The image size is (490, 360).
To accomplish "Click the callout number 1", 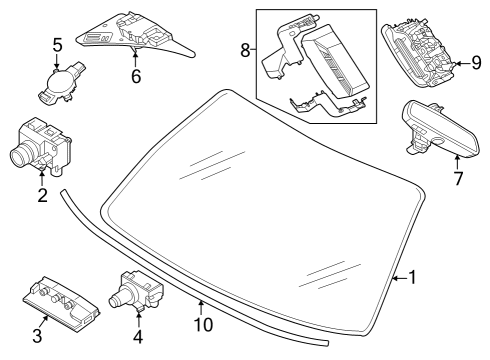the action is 413,277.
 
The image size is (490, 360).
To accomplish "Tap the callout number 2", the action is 42,195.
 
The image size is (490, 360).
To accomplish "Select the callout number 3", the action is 37,335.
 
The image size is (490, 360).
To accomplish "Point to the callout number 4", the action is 138,336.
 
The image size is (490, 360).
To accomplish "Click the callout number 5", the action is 57,45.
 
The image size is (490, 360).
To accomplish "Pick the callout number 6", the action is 136,76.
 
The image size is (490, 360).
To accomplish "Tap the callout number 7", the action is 458,178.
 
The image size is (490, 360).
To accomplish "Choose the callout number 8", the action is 245,51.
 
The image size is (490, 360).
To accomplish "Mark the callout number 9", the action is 476,62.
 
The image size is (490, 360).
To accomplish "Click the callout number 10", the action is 203,324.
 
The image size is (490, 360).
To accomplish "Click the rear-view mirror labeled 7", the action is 441,130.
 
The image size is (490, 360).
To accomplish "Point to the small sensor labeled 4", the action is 135,290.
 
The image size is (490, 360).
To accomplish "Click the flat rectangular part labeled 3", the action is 61,301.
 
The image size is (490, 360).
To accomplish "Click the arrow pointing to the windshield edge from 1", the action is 400,277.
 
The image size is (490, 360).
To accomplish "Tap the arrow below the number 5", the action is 57,61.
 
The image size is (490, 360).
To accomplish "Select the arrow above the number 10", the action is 201,307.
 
